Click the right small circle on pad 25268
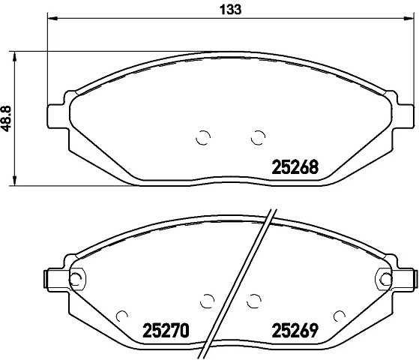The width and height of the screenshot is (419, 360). (x=258, y=136)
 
